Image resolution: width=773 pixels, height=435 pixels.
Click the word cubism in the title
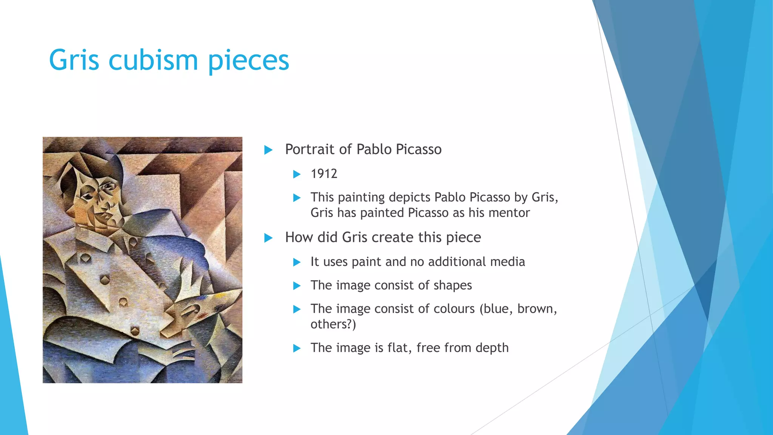pyautogui.click(x=153, y=60)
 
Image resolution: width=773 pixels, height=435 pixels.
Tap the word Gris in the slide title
pyautogui.click(x=74, y=60)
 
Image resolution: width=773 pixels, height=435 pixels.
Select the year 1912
pyautogui.click(x=324, y=174)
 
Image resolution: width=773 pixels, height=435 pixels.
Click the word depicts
pyautogui.click(x=410, y=197)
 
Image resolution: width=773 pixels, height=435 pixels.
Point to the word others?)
pyautogui.click(x=333, y=324)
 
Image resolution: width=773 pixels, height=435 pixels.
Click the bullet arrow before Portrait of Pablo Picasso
pyautogui.click(x=268, y=150)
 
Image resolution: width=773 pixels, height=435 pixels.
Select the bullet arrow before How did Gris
pyautogui.click(x=268, y=238)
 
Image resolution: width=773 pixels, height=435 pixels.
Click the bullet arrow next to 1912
pyautogui.click(x=297, y=174)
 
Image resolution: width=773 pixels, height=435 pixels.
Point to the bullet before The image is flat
pyautogui.click(x=297, y=348)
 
